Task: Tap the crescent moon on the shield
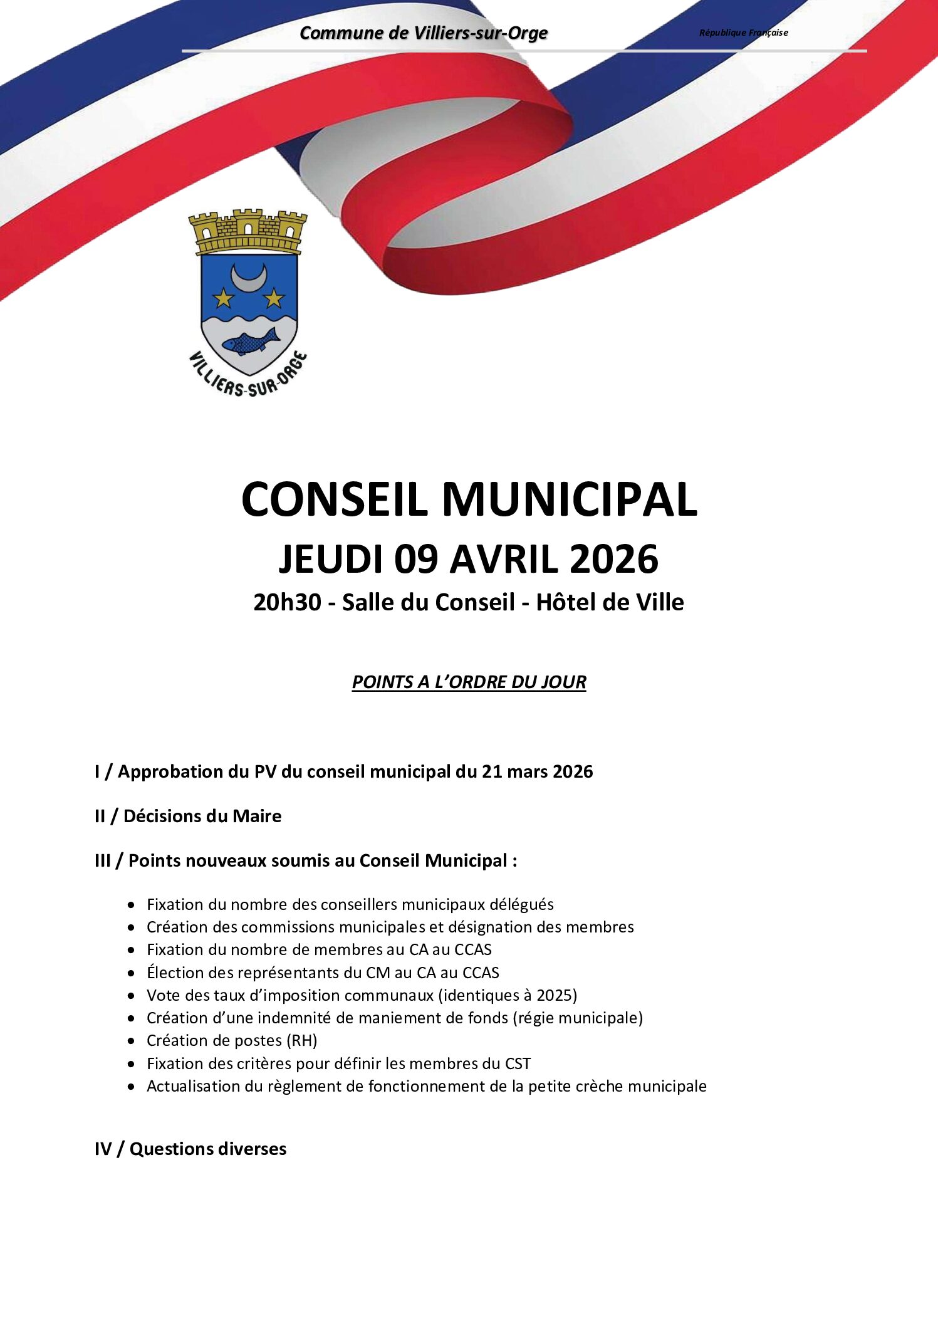click(249, 276)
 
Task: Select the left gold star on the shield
click(224, 298)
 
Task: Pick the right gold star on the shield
click(274, 298)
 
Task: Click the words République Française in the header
click(743, 33)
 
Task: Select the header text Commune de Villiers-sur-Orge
click(424, 33)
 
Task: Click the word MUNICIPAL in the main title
click(570, 500)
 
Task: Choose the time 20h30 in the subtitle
click(287, 602)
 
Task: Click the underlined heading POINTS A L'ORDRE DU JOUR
click(469, 682)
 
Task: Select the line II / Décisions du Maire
click(188, 816)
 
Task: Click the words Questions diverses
click(208, 1149)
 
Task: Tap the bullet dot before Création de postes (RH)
click(131, 1041)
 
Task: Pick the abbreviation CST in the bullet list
click(518, 1063)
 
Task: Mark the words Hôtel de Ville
click(610, 602)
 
